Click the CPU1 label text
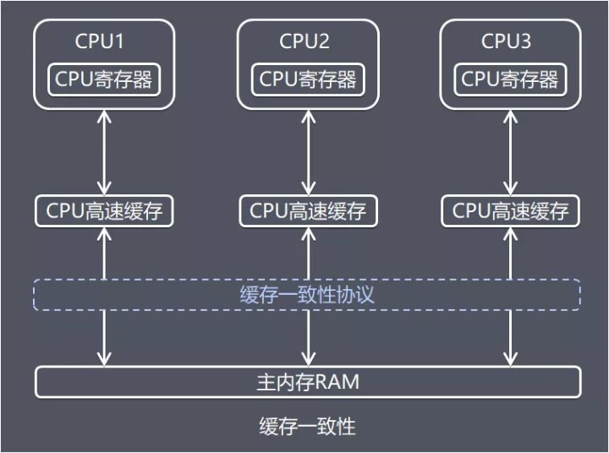105,41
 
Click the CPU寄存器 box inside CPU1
105,79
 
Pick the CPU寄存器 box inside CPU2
308,79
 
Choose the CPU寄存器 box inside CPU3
510,79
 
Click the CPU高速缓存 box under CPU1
105,210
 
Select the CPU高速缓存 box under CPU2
308,210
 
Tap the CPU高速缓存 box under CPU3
510,210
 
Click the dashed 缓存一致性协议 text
308,296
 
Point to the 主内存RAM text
308,382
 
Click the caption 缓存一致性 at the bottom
307,426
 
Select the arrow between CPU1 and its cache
105,152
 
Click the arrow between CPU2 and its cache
308,152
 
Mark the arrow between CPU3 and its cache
510,152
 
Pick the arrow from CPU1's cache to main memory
105,338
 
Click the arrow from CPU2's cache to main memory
308,338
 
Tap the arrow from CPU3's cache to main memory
510,338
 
